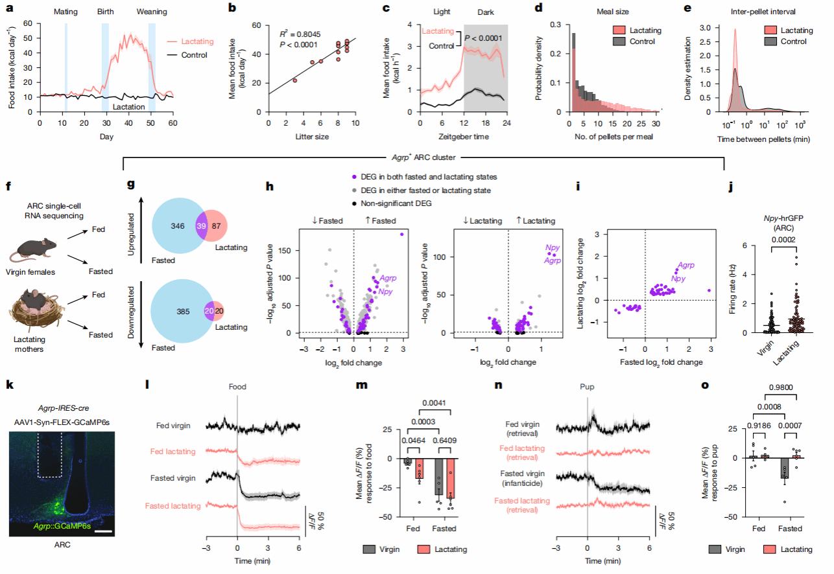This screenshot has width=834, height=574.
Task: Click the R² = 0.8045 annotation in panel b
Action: (x=299, y=33)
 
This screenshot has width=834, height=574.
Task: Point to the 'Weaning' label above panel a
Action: (x=152, y=12)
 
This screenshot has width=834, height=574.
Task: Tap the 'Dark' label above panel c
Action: (x=486, y=12)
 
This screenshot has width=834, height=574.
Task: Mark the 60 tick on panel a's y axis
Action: (x=29, y=24)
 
